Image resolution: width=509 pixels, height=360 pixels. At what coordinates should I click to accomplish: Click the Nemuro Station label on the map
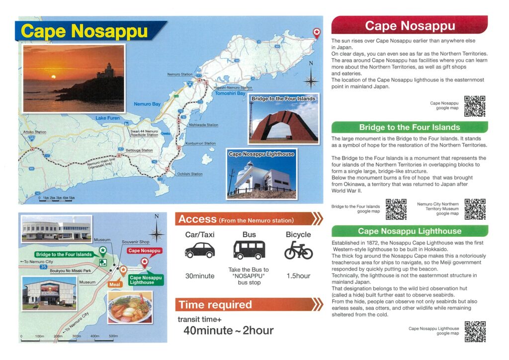[x=179, y=75]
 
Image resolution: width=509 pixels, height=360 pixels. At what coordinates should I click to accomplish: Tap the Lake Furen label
[x=107, y=118]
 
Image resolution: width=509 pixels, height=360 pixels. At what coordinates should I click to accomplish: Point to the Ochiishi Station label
[x=190, y=174]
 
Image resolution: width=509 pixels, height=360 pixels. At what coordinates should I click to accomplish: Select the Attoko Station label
[x=34, y=132]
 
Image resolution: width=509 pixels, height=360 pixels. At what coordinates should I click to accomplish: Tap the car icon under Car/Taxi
[x=199, y=250]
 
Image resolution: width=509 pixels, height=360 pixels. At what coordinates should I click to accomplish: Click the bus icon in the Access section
[x=249, y=250]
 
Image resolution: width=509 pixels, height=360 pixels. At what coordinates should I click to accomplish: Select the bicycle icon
[x=298, y=251]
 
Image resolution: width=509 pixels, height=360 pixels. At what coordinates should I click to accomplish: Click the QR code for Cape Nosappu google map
[x=475, y=106]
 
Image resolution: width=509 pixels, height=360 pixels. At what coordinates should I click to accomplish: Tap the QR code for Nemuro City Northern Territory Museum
[x=475, y=209]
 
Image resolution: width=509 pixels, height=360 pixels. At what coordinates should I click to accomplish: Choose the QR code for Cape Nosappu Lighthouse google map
[x=475, y=331]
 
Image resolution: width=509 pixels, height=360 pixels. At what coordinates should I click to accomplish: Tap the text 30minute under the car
[x=199, y=276]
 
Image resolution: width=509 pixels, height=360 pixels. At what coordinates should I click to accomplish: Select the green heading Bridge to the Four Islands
[x=409, y=127]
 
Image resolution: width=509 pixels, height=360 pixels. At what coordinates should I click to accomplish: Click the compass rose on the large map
[x=311, y=78]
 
